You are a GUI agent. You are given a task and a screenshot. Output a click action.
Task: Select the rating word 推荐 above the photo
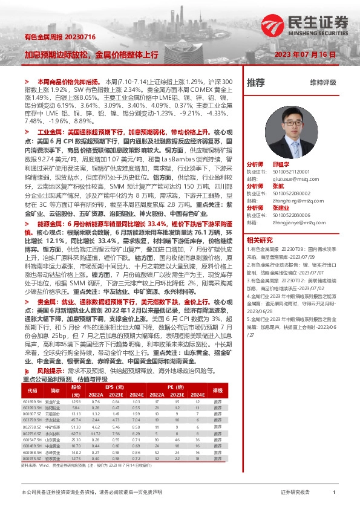click(256, 83)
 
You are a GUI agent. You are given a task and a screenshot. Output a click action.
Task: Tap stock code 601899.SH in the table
click(32, 401)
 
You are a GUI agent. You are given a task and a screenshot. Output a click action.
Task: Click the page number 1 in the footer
click(334, 493)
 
